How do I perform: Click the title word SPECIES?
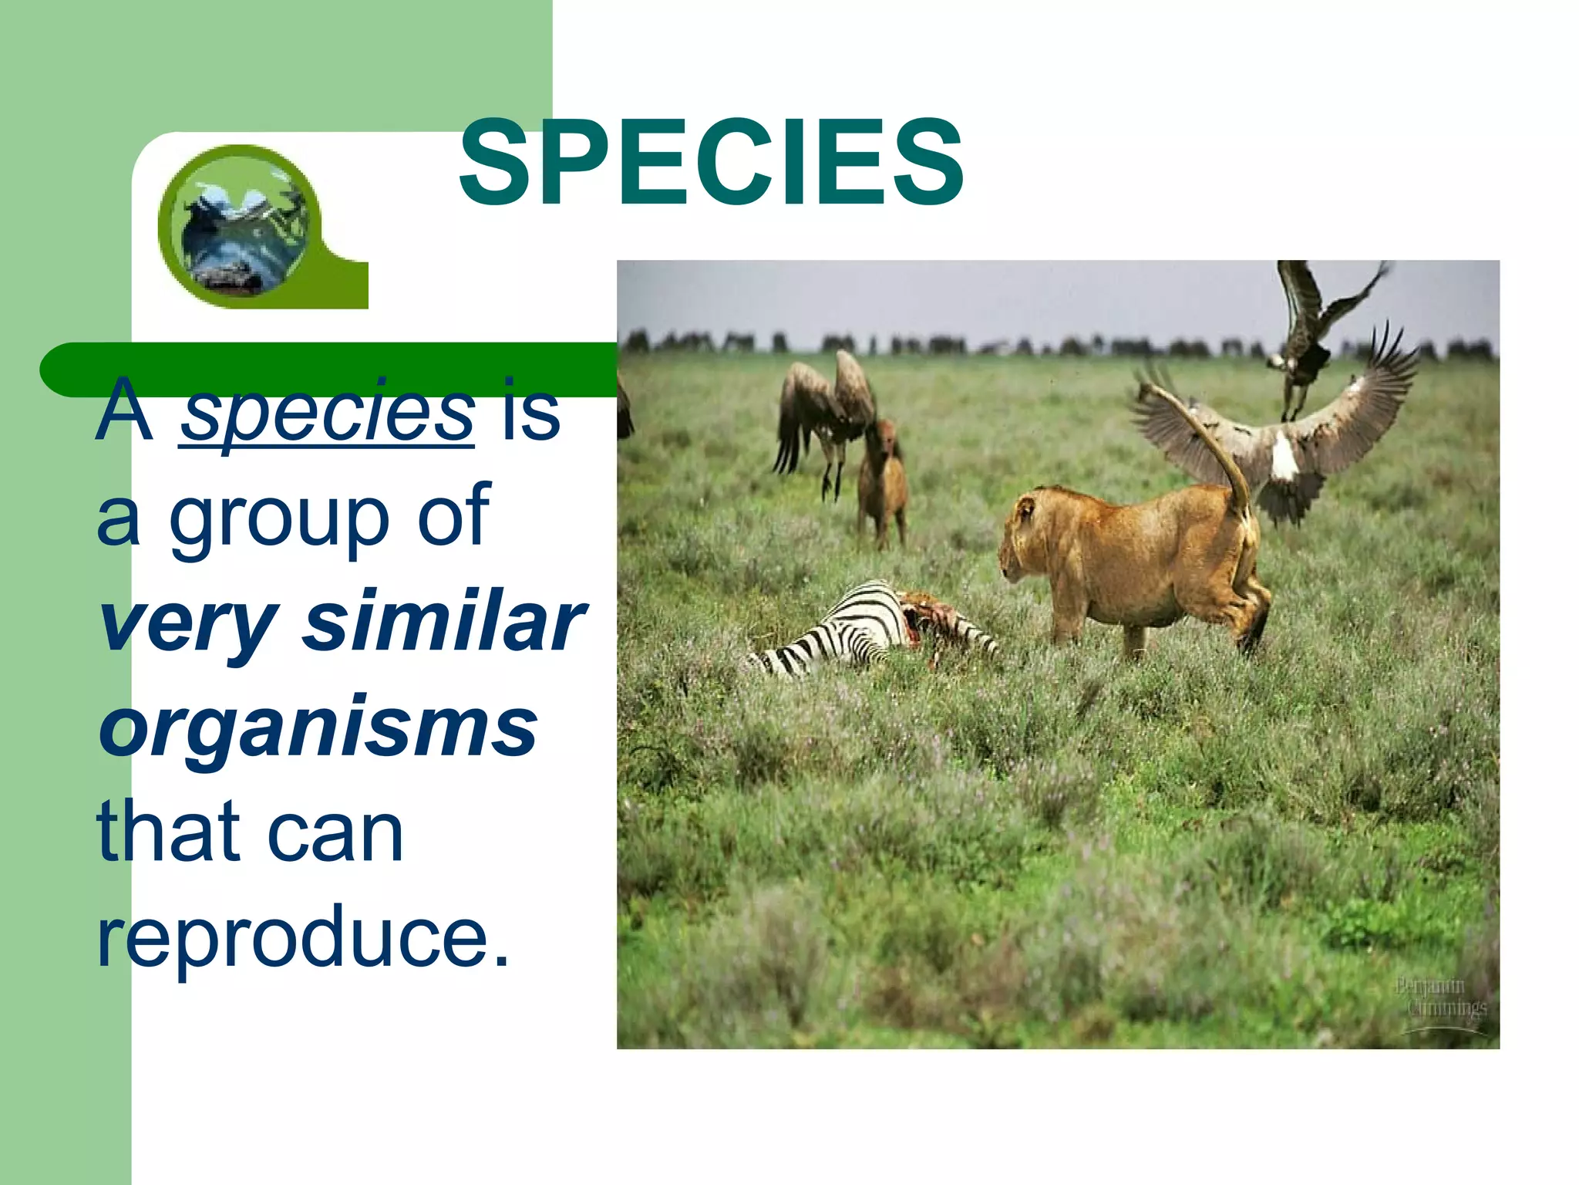[711, 164]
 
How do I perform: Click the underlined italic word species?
[327, 412]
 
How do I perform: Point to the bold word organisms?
[318, 727]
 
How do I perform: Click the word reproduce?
[302, 937]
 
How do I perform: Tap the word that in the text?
[168, 832]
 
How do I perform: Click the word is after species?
[530, 412]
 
